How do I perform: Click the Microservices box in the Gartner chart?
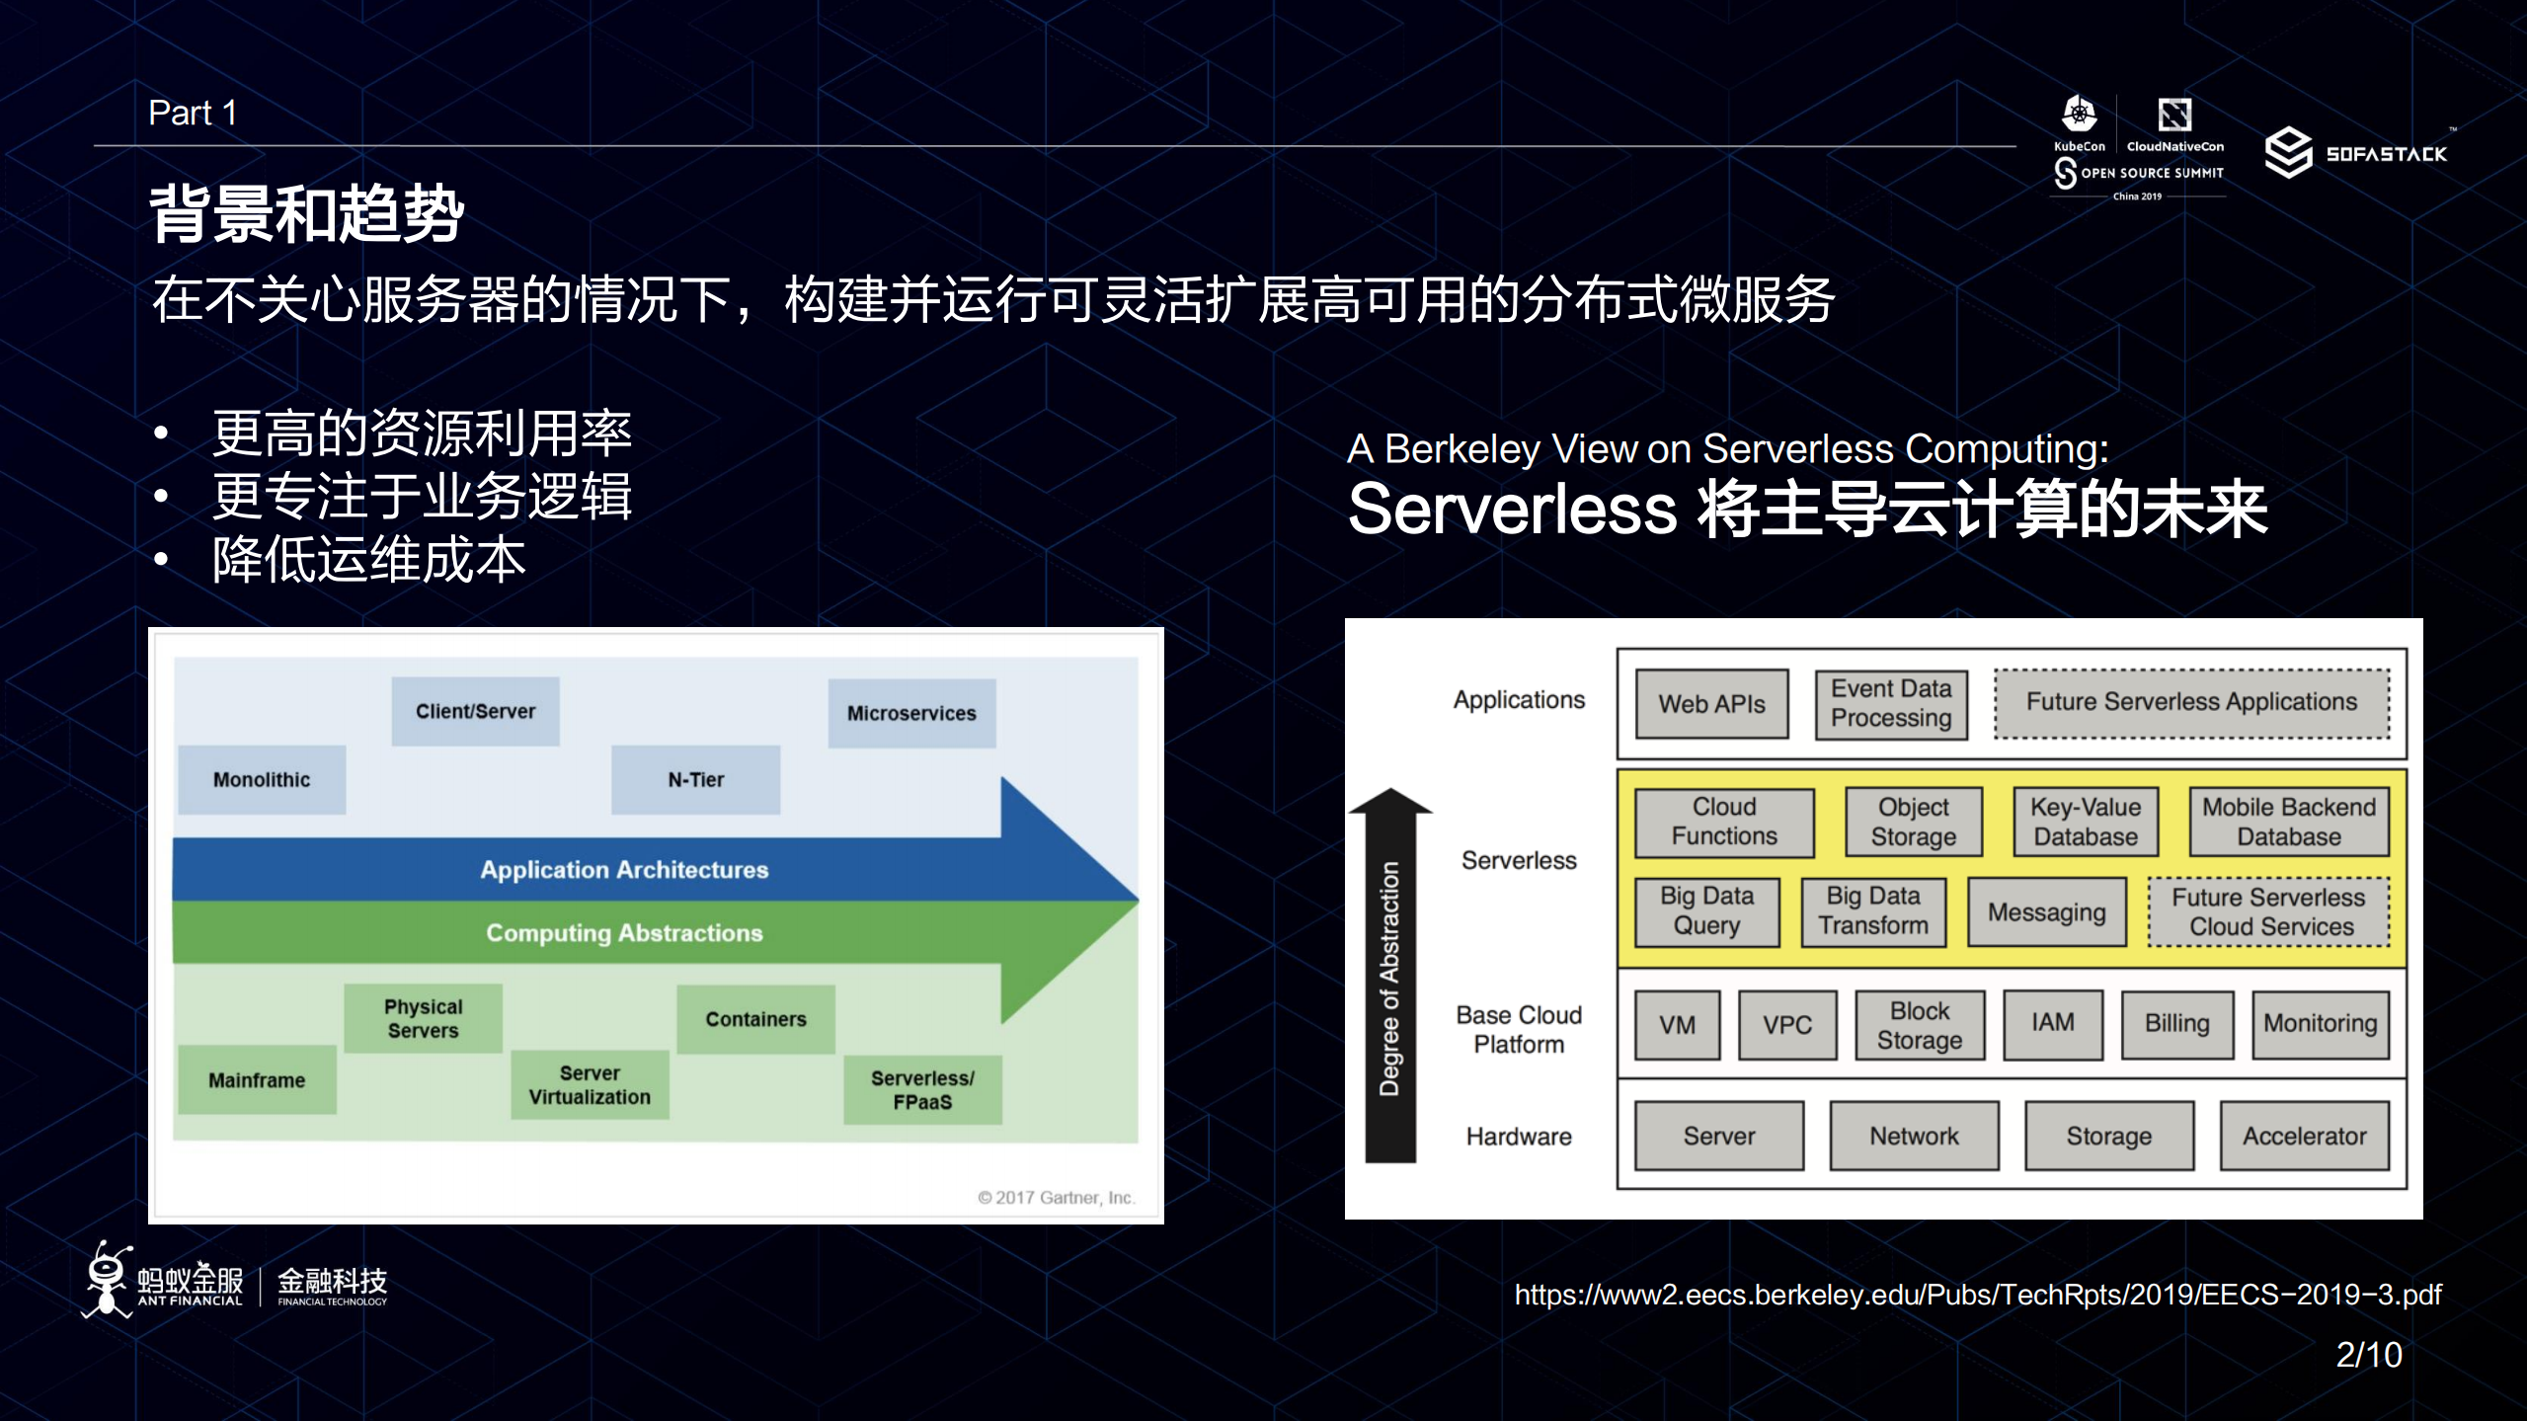[910, 713]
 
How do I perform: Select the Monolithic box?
[262, 779]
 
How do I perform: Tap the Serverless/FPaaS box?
[922, 1090]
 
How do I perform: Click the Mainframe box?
[257, 1080]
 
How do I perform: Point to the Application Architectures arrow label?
[624, 870]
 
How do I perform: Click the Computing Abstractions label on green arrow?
[624, 933]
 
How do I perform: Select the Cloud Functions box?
[1724, 822]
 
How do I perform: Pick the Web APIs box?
[1711, 704]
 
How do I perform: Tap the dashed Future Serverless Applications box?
[2191, 702]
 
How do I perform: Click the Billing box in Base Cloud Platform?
[2176, 1024]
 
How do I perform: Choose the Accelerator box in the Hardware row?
[2304, 1137]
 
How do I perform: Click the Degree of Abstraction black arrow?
[1389, 978]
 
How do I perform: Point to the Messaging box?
[2046, 912]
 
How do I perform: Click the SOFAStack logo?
[2355, 153]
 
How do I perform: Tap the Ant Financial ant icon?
[107, 1279]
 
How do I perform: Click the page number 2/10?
[2368, 1355]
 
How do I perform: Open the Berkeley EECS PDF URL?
[1977, 1295]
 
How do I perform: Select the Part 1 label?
[193, 114]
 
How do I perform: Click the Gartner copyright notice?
[1056, 1198]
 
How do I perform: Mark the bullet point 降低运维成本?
[368, 560]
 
